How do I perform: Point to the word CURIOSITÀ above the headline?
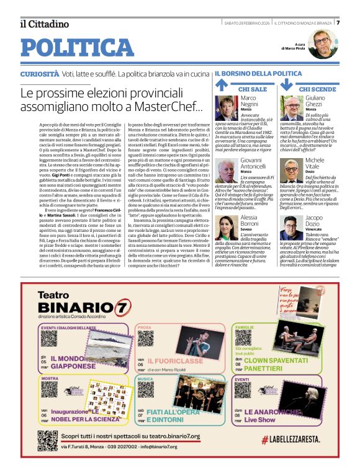pyautogui.click(x=40, y=74)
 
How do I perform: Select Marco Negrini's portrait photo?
pyautogui.click(x=227, y=107)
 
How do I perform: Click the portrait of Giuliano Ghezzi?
pyautogui.click(x=292, y=107)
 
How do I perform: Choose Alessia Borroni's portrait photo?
pyautogui.click(x=227, y=229)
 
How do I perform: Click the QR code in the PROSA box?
pyautogui.click(x=146, y=339)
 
